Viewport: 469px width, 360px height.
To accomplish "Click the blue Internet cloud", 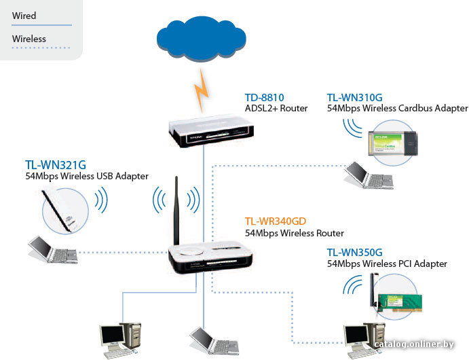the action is [x=202, y=39].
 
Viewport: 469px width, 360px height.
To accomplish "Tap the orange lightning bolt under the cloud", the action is [x=202, y=90].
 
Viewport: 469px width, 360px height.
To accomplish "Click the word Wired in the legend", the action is [x=24, y=16].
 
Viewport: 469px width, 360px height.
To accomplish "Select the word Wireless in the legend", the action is [x=29, y=39].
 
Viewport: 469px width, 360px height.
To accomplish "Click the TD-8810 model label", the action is [x=265, y=98].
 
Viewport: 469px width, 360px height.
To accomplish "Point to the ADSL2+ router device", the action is [x=211, y=131].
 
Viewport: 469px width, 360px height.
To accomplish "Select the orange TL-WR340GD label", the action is [x=276, y=221].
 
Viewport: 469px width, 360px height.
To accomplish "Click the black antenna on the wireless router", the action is [x=176, y=211].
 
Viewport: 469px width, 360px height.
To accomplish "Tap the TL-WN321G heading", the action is [x=56, y=165].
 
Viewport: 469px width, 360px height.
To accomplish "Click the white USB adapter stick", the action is [x=60, y=212].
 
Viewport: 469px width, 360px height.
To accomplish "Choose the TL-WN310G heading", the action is [x=354, y=98].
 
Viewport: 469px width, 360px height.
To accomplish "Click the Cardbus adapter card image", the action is [x=393, y=143].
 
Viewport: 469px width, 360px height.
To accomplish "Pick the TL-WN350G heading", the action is [x=354, y=252].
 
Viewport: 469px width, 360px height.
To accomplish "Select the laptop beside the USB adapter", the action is [x=53, y=250].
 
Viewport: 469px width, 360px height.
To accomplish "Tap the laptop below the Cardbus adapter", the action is [x=369, y=175].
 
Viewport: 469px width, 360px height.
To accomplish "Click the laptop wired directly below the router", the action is [x=214, y=340].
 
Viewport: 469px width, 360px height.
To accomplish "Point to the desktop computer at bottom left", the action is [x=120, y=340].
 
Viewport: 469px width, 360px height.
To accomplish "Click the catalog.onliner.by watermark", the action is [x=414, y=344].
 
